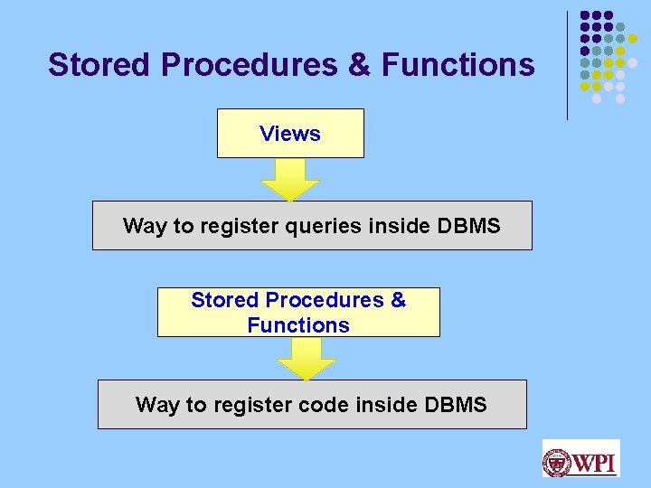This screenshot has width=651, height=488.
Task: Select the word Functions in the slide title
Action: click(x=458, y=65)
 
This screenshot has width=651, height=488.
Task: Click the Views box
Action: click(x=290, y=134)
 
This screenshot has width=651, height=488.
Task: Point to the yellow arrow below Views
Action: click(x=290, y=180)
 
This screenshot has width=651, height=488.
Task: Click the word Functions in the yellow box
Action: click(x=298, y=325)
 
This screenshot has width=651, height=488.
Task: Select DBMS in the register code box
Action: click(x=452, y=405)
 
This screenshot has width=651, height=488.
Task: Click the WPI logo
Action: click(x=580, y=458)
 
